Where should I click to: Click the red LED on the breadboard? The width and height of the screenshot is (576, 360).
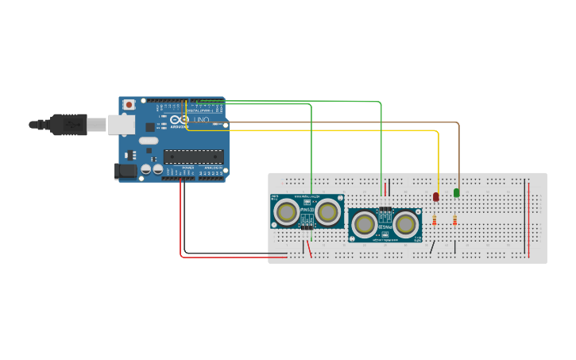click(436, 195)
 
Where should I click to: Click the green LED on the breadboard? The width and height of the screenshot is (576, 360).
click(457, 192)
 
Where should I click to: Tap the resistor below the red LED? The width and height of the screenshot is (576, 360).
click(435, 221)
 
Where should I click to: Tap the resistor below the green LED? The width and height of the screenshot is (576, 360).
click(454, 220)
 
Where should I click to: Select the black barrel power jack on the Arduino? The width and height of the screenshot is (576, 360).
click(125, 170)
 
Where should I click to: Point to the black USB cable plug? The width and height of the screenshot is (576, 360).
click(68, 124)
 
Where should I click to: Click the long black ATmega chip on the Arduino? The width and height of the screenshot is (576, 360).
click(193, 159)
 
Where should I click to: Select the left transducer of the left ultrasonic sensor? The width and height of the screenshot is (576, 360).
click(286, 211)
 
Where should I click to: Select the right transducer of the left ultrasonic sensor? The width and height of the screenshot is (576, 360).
click(327, 211)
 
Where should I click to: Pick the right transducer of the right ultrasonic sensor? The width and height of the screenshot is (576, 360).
click(406, 223)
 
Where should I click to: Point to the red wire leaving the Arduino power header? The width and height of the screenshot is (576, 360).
click(181, 223)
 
